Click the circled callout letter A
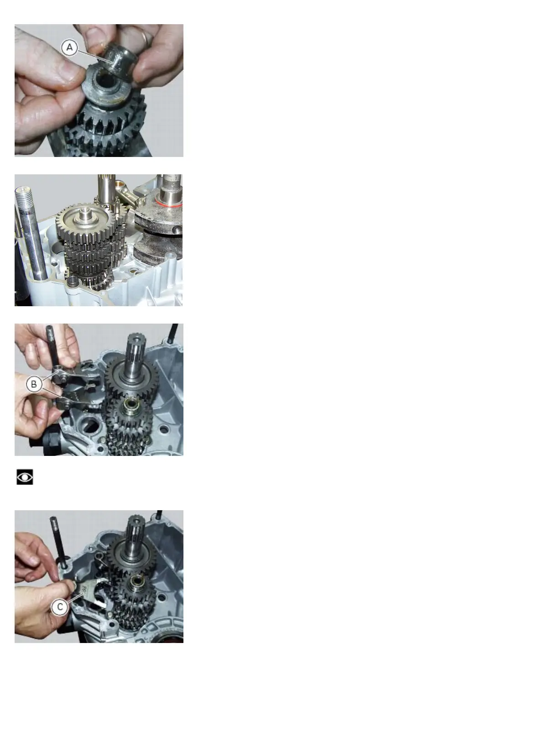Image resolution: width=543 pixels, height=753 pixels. click(69, 48)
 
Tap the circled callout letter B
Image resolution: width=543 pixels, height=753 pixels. click(34, 384)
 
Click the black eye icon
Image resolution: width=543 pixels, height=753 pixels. click(25, 477)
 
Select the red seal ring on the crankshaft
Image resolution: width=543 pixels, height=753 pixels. click(170, 204)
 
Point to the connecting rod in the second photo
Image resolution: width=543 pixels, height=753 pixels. click(130, 194)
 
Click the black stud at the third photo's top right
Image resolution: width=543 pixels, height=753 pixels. click(174, 333)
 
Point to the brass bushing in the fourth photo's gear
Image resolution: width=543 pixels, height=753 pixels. click(136, 580)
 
